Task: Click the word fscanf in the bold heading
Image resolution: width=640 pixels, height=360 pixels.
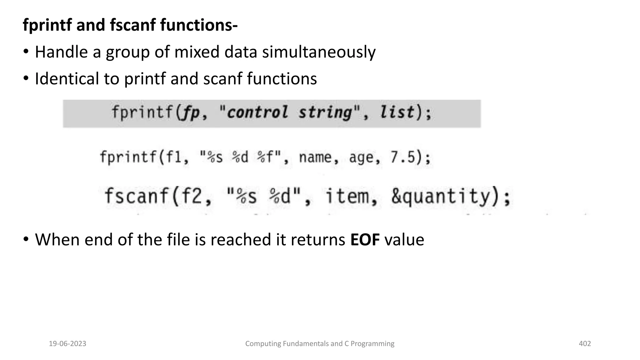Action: pos(133,25)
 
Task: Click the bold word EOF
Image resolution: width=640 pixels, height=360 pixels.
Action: pos(365,240)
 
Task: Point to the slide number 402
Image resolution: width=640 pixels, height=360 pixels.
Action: pos(585,344)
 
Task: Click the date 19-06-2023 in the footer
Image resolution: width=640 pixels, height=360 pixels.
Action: pos(67,344)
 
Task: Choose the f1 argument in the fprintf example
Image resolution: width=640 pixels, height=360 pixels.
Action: pos(173,157)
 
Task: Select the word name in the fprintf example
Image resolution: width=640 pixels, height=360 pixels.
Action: pos(315,157)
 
